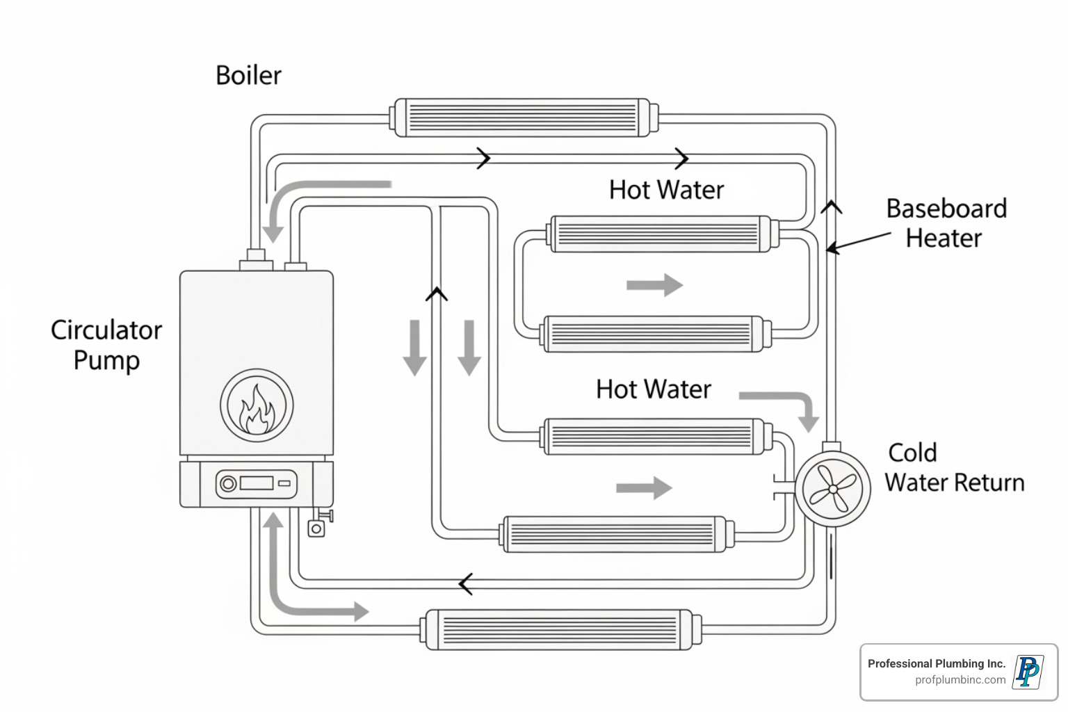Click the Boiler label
(248, 75)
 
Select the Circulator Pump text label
(106, 345)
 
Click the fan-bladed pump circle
(832, 488)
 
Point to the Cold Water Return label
(953, 467)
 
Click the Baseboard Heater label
(946, 223)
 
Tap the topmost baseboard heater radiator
(522, 118)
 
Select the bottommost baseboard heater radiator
(559, 630)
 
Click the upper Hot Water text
(666, 190)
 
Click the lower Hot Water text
(653, 389)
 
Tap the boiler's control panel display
(256, 483)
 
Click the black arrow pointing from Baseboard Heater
(858, 242)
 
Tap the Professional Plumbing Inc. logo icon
(1028, 672)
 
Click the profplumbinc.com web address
(960, 680)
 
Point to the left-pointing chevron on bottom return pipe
(466, 584)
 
